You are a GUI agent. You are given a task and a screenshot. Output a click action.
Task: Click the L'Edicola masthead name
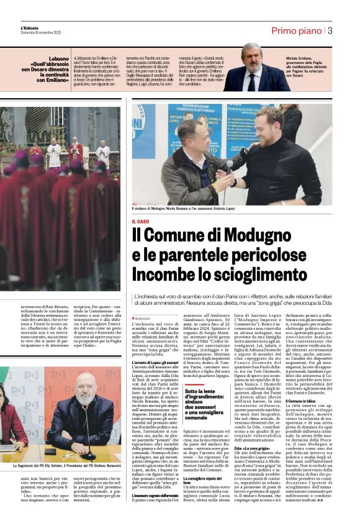coord(29,27)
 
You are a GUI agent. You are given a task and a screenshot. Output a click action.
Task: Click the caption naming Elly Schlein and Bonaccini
coord(66,465)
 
